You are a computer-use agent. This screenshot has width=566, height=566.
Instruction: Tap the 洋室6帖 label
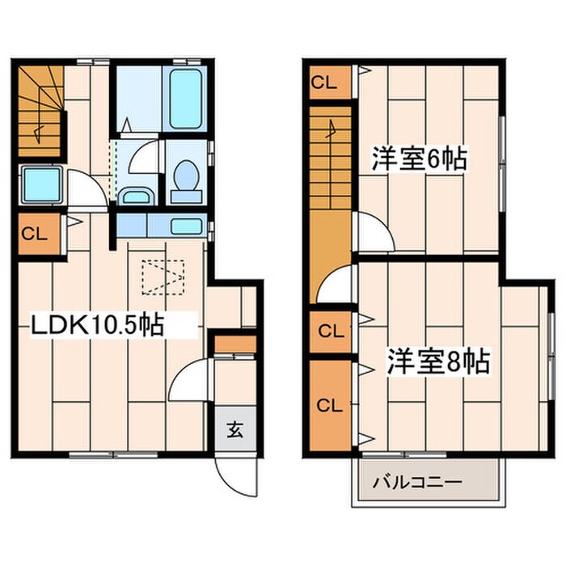coord(420,158)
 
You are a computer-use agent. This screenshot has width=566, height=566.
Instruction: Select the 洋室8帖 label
coord(437,361)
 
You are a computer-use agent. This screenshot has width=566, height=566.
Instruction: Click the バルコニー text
coord(417,482)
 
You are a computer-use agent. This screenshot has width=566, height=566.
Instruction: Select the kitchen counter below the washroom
coord(162,225)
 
